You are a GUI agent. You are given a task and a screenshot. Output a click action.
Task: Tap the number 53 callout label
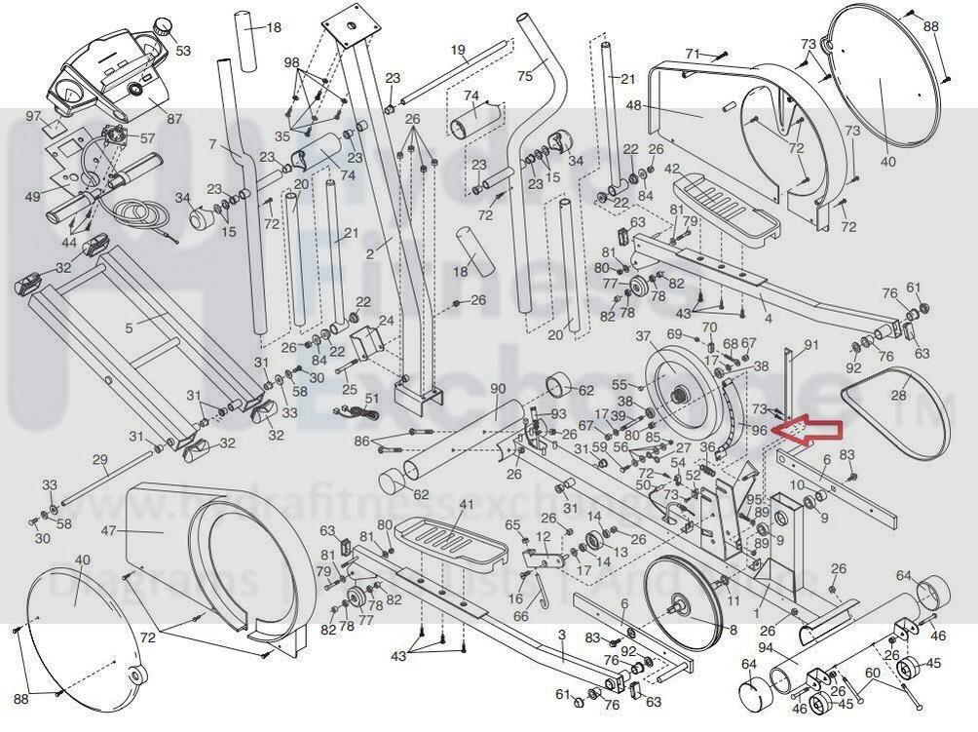point(183,50)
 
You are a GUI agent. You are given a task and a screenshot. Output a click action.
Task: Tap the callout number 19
point(458,49)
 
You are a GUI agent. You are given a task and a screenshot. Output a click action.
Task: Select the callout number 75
point(525,76)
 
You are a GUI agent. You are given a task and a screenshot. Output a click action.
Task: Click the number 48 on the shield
point(659,105)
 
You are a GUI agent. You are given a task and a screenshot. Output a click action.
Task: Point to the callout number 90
point(498,388)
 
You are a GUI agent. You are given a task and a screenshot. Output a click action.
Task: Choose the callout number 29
point(99,459)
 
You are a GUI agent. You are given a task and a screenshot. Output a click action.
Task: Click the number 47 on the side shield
point(108,531)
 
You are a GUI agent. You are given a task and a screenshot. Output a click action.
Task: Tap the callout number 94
point(765,647)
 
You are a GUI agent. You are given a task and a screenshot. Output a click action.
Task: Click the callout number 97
point(34,117)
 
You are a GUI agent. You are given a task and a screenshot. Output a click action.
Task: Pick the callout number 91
point(810,345)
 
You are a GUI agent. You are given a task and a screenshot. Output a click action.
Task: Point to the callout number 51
point(371,398)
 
